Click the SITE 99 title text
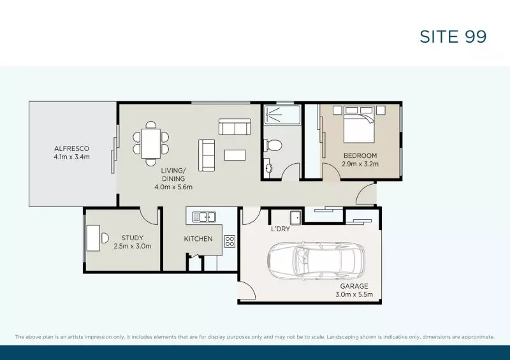pos(453,36)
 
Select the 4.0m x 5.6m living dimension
pos(173,187)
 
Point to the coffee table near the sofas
pos(235,155)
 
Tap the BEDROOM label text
pos(360,155)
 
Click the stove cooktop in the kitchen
pos(229,241)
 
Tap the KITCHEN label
pos(198,239)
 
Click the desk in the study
pos(93,237)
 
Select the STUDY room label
pos(132,238)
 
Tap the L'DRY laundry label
pos(280,229)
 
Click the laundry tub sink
pos(296,215)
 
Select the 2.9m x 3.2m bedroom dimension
pos(360,164)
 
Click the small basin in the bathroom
pos(268,169)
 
